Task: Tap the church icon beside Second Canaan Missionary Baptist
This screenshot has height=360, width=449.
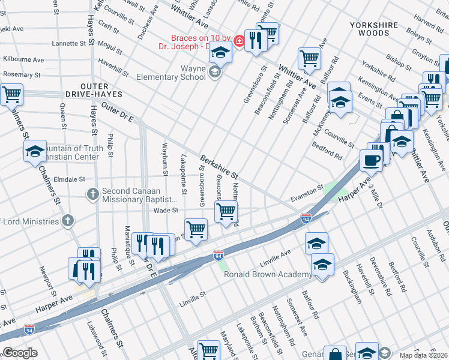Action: [x=92, y=194]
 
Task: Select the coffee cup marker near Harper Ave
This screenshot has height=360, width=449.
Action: [x=371, y=161]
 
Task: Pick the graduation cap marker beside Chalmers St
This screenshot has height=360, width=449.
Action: [x=35, y=151]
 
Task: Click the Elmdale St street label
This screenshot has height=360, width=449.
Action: [x=69, y=179]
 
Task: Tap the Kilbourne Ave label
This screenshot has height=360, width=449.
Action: [x=23, y=60]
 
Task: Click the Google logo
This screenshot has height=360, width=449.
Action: [x=20, y=353]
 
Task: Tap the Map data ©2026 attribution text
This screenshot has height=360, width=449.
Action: [x=423, y=355]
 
